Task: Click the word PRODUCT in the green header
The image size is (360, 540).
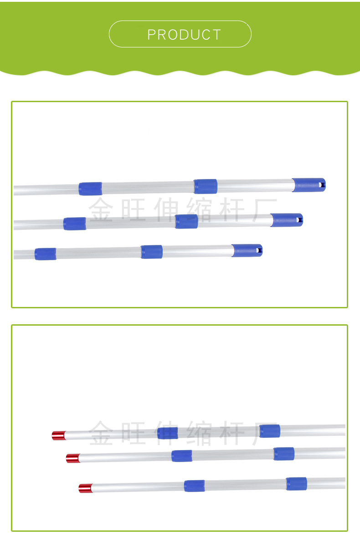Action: (184, 35)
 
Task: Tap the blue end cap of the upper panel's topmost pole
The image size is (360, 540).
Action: (309, 185)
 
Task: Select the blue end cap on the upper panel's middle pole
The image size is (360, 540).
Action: (287, 220)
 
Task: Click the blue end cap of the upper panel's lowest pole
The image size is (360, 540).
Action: (247, 250)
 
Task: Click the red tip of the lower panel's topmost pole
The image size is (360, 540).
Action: (58, 435)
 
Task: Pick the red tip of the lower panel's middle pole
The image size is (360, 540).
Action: (73, 458)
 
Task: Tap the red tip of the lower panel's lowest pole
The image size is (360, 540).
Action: (86, 488)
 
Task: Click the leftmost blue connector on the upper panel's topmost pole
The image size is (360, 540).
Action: (90, 189)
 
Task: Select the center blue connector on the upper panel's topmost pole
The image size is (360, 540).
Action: (205, 187)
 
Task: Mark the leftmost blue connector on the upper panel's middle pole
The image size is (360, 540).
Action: (75, 224)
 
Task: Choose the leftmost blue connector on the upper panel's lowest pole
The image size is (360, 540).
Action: (46, 254)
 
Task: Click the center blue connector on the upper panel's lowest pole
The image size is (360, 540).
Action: (152, 252)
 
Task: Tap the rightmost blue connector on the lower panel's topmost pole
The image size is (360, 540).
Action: (269, 431)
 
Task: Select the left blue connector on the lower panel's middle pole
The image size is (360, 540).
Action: (182, 456)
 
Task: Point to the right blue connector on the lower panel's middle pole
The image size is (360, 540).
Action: (284, 454)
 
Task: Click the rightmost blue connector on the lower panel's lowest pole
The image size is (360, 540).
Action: (296, 484)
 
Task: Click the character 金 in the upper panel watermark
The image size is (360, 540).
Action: (101, 209)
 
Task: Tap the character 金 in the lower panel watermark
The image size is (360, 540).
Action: (101, 432)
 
